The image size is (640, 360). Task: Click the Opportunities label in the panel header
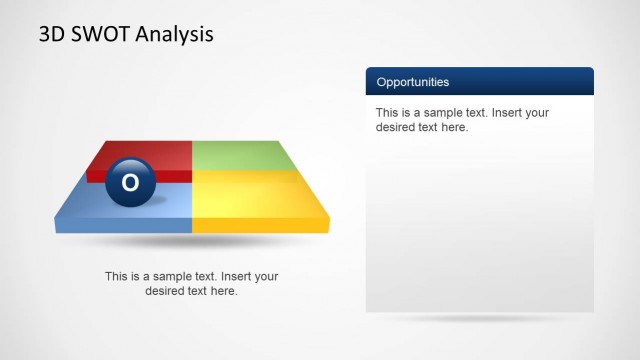point(412,82)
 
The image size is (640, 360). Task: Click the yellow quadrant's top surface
point(255,195)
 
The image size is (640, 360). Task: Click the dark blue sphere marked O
point(130,182)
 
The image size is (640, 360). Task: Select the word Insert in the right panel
point(507,113)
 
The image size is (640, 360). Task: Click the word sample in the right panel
point(436,113)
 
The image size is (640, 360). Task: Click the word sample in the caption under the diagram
point(165,277)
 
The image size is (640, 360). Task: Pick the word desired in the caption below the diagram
point(166,291)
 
